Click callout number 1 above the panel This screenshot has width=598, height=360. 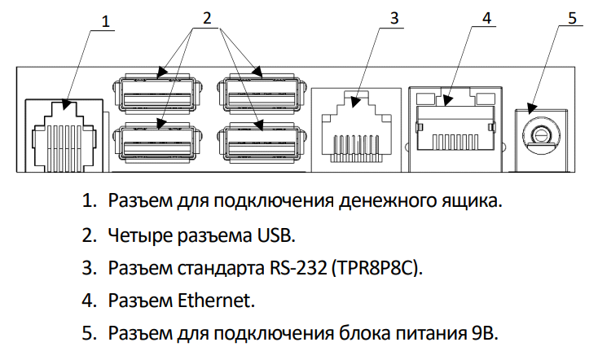(x=104, y=20)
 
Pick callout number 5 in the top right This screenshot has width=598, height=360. (x=572, y=19)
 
